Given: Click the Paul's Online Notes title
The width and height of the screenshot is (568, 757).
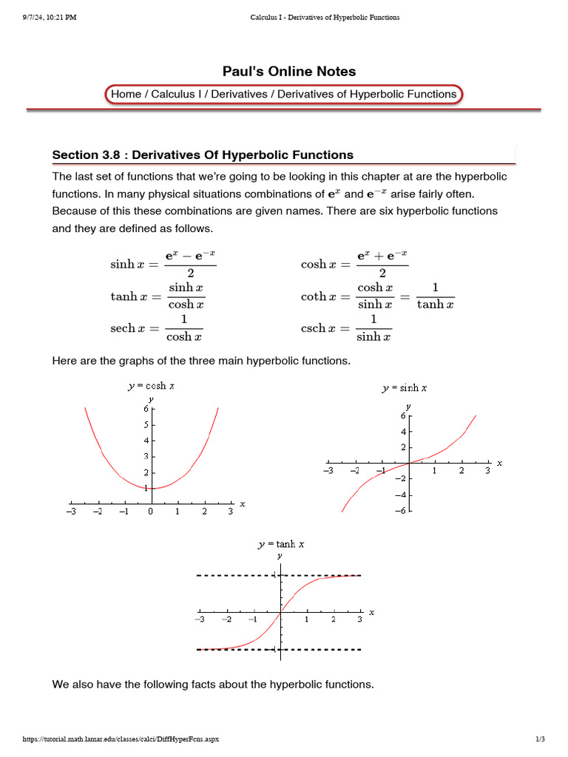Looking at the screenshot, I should pyautogui.click(x=289, y=72).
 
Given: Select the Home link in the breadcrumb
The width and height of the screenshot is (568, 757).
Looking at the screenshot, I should pyautogui.click(x=126, y=95).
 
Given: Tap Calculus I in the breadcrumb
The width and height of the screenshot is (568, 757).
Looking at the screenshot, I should pyautogui.click(x=177, y=95).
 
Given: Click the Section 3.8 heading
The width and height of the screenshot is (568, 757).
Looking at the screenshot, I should pyautogui.click(x=203, y=155).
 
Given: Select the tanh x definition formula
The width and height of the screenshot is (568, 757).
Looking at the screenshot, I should pyautogui.click(x=158, y=296).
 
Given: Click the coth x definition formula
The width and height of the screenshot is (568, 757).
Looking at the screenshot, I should pyautogui.click(x=377, y=296).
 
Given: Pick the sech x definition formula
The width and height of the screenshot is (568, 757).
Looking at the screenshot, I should pyautogui.click(x=157, y=328).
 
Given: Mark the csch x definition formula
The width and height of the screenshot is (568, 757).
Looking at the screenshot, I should pyautogui.click(x=346, y=328).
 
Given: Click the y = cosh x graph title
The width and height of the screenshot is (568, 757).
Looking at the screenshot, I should pyautogui.click(x=151, y=386).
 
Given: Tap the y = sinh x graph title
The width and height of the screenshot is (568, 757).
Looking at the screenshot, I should pyautogui.click(x=405, y=387).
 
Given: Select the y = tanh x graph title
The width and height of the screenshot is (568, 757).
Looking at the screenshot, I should pyautogui.click(x=281, y=544).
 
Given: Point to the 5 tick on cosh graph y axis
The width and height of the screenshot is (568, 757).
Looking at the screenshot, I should pyautogui.click(x=146, y=425).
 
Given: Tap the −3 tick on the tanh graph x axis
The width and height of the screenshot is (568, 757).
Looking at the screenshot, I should pyautogui.click(x=199, y=619).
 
